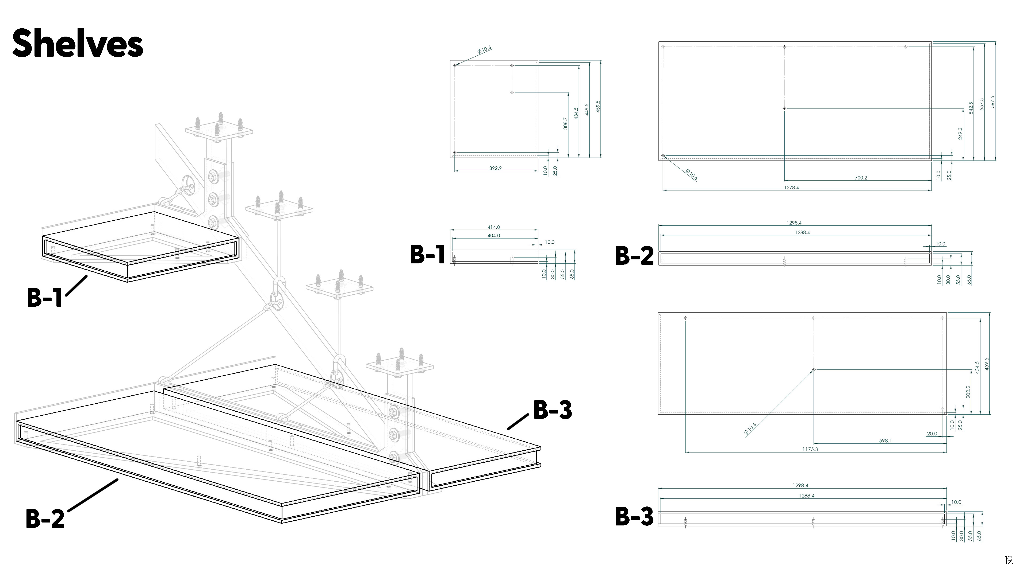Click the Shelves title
tap(78, 43)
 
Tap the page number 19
tap(1009, 560)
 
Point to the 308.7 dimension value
tap(565, 123)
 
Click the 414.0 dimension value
tap(493, 227)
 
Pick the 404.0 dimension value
tap(493, 236)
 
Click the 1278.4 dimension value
tap(791, 188)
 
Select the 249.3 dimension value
tap(960, 133)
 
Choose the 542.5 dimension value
tap(971, 108)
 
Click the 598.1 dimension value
tap(886, 441)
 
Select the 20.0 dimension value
tap(932, 434)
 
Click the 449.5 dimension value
tap(587, 110)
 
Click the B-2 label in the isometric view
tap(45, 518)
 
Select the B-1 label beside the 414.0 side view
tap(427, 255)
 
